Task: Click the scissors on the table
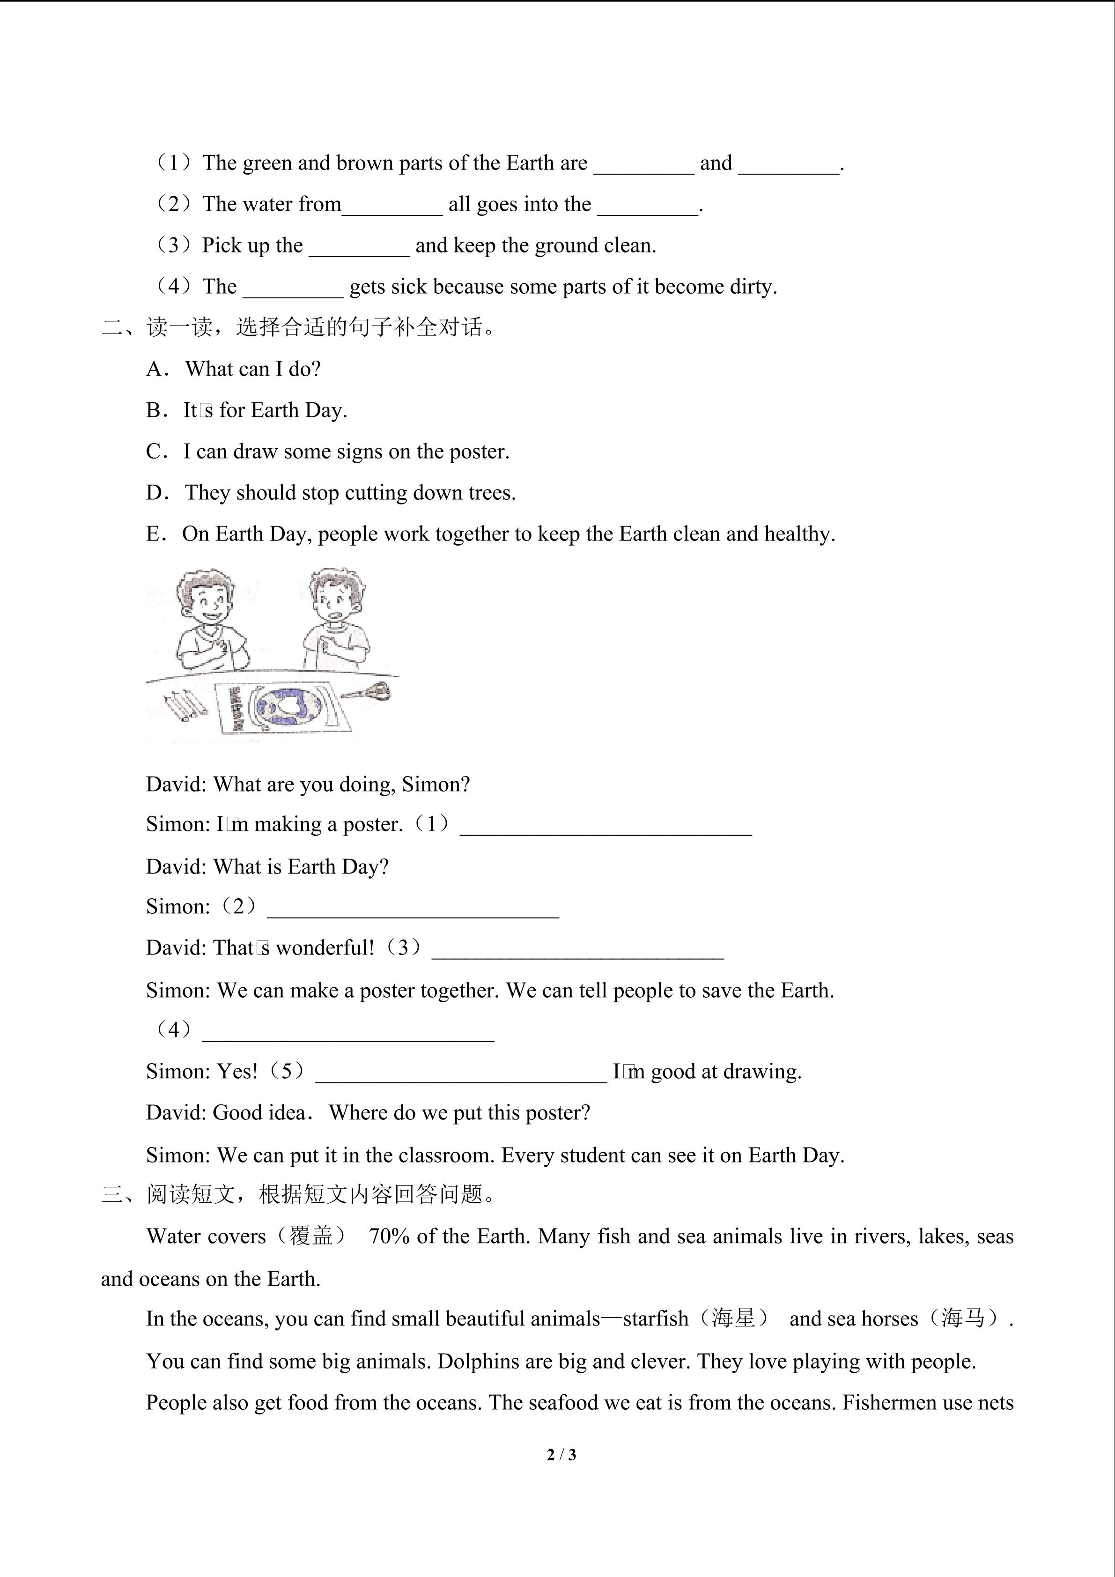coord(369,691)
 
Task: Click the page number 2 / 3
coord(561,1454)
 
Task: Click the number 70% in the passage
coord(389,1236)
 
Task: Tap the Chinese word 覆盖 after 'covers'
coord(311,1236)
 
